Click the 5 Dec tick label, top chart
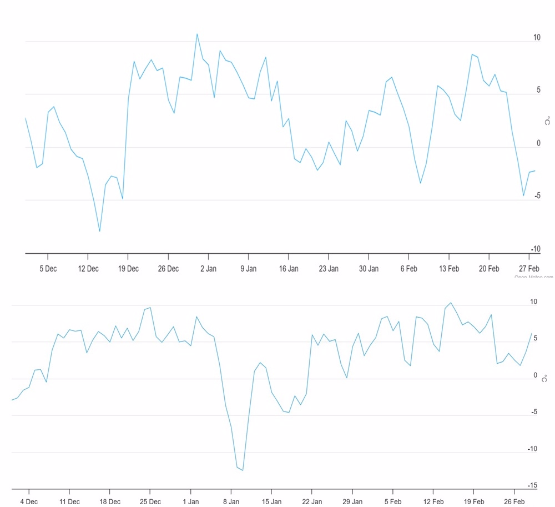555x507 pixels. [48, 269]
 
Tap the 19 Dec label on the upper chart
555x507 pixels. [128, 269]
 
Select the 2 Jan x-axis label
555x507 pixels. [208, 269]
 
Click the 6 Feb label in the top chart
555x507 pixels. [408, 269]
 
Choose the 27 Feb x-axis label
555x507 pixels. [529, 269]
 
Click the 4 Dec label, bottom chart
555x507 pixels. [29, 501]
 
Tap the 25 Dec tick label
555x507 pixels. [150, 501]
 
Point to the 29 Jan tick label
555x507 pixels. [352, 501]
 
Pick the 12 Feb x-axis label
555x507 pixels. [433, 501]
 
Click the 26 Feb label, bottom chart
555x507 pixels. [514, 501]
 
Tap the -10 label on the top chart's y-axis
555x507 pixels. [535, 249]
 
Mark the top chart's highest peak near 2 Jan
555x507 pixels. [197, 34]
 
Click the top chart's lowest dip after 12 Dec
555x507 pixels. [100, 231]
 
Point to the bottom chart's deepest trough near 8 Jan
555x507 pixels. [243, 470]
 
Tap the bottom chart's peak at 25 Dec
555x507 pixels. [150, 308]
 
